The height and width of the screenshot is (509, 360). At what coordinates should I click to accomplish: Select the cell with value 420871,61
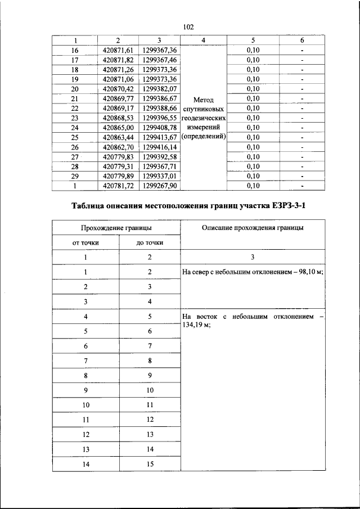tap(118, 50)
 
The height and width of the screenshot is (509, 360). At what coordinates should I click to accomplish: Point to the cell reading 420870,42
tap(118, 88)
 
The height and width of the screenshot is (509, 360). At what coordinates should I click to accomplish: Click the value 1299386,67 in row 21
tap(160, 98)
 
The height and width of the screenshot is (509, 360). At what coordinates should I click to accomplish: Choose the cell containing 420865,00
tap(118, 127)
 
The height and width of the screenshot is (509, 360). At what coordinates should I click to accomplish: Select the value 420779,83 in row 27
tap(118, 156)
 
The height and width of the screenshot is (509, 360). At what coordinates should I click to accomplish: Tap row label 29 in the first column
tap(75, 175)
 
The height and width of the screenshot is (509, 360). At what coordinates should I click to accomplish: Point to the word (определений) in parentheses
tap(205, 136)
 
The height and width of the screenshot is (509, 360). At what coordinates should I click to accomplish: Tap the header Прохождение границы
tap(116, 228)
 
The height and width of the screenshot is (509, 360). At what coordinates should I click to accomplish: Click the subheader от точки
tap(86, 242)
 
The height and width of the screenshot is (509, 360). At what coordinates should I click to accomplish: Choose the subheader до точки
tap(150, 242)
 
